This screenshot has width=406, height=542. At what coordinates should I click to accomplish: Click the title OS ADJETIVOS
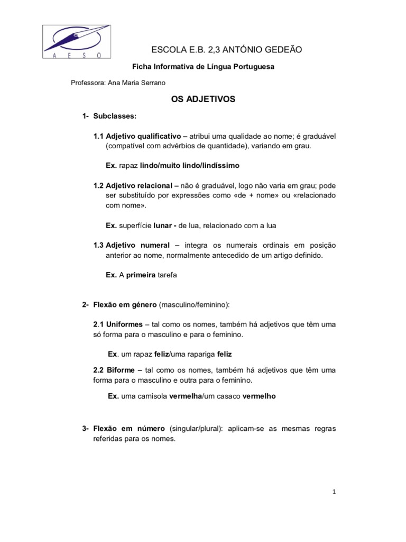203,99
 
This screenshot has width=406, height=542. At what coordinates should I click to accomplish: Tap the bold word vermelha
186,395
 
